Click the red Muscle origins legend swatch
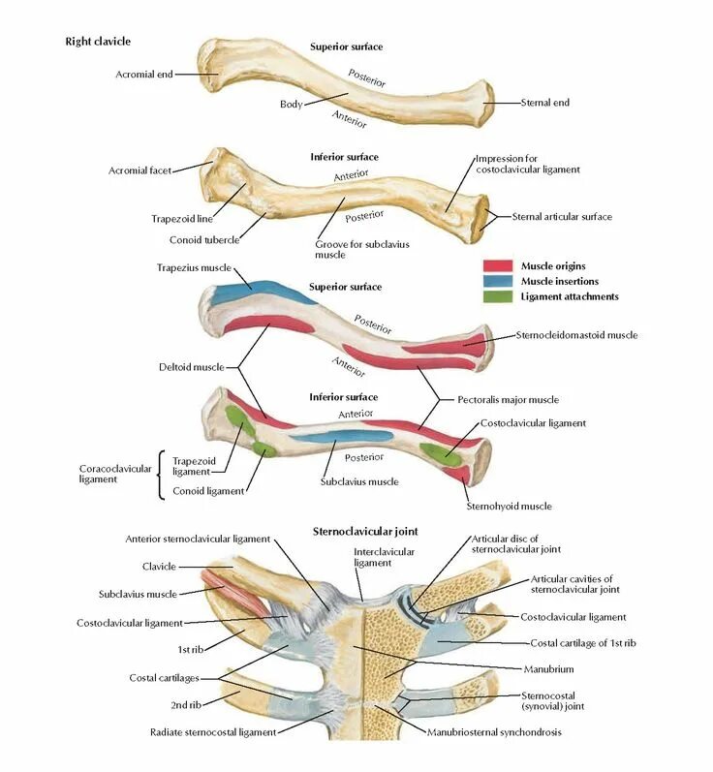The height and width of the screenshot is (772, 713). click(x=497, y=265)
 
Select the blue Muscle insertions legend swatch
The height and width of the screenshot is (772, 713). click(x=497, y=281)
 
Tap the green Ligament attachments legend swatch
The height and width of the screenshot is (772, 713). click(x=497, y=296)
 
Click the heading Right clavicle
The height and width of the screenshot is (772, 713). click(x=97, y=42)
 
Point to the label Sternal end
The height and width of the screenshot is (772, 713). click(x=544, y=102)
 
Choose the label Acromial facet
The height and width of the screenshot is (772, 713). click(x=139, y=170)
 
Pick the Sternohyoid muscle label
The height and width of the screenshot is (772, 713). click(x=510, y=506)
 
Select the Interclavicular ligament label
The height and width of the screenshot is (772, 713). click(x=371, y=557)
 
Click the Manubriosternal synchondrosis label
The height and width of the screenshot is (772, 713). click(x=494, y=732)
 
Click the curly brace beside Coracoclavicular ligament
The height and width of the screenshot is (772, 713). click(x=161, y=475)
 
